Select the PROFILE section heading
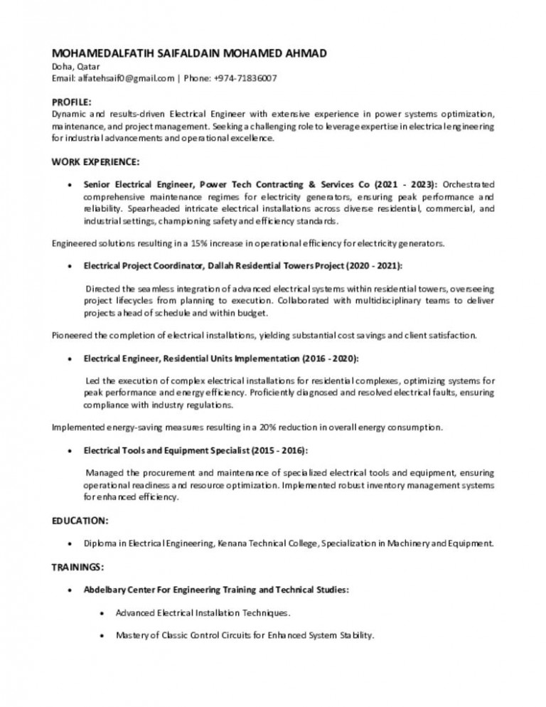(x=72, y=103)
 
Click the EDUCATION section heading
(x=80, y=521)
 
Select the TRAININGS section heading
(x=79, y=567)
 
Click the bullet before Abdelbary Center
(x=67, y=590)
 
